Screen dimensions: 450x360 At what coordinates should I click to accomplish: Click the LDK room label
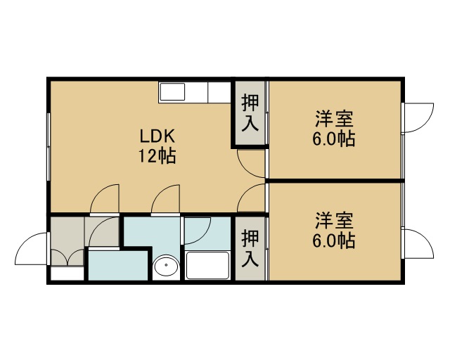point(157,136)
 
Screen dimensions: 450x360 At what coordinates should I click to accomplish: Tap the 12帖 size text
point(157,156)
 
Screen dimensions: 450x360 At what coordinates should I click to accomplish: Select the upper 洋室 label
point(335,119)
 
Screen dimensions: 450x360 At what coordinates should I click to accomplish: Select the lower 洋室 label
point(335,220)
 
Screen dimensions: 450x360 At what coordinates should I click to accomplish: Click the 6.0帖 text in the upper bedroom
point(334,139)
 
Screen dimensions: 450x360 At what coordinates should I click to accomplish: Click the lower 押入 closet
point(250,249)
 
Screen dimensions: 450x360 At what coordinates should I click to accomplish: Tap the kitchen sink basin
point(172,92)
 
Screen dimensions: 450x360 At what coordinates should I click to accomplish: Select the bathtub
point(207,265)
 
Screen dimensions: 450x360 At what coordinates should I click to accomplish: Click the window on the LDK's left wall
point(49,147)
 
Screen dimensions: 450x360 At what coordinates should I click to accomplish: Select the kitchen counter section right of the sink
point(219,92)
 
